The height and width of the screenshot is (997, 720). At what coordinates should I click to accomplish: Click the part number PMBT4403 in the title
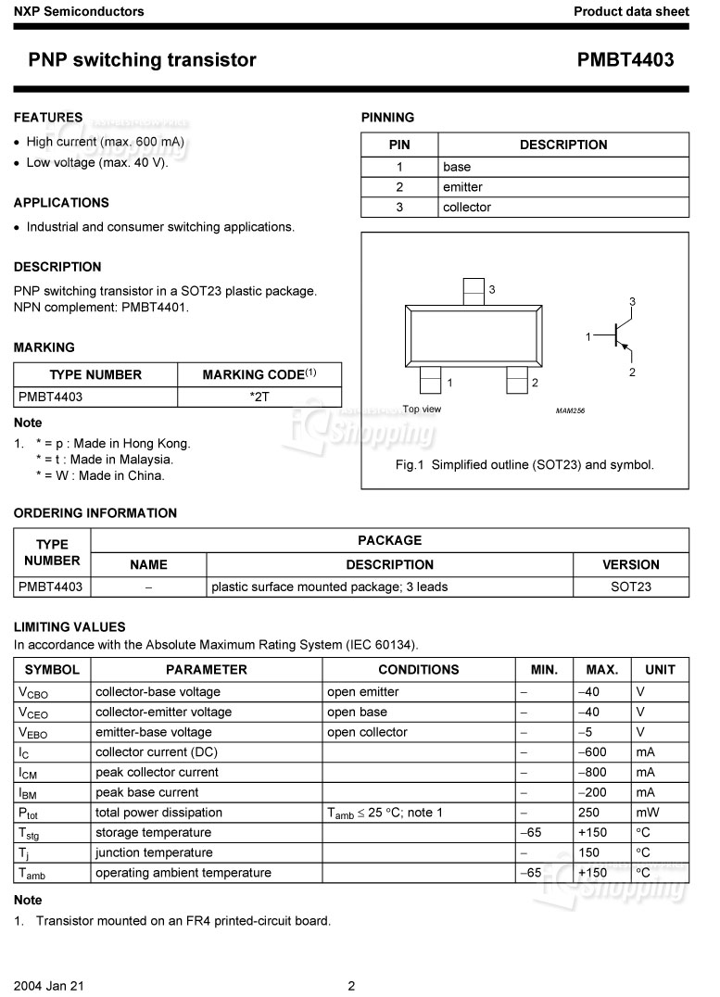625,60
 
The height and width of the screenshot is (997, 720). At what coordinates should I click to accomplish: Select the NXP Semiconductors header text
79,11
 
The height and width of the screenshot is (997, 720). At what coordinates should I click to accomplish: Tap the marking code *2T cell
259,397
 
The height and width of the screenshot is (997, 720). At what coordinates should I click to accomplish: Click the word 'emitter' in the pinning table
462,187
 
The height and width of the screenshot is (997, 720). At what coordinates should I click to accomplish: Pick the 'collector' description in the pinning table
467,208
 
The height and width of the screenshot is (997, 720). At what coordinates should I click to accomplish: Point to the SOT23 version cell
631,587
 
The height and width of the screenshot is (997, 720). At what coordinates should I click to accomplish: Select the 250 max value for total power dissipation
588,813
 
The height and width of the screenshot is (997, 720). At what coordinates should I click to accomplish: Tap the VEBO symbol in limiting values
32,733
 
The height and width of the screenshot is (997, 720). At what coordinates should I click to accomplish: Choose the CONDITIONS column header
418,669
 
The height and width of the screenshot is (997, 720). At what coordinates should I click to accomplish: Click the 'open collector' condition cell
367,732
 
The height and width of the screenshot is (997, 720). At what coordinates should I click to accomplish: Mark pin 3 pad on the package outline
474,291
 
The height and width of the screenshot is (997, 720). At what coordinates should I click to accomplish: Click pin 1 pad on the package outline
430,380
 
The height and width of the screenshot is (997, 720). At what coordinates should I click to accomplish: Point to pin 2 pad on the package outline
516,380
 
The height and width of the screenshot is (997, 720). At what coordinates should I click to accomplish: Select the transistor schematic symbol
618,335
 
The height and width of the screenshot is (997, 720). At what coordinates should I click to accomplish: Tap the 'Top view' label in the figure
422,409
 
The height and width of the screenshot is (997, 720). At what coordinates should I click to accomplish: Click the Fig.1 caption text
524,464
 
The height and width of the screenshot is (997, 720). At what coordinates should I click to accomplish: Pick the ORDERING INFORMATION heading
95,512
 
